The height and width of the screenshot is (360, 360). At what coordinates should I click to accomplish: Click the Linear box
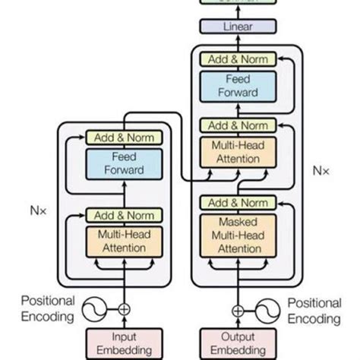[238, 27]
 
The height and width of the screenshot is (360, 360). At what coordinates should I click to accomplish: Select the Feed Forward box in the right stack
[238, 86]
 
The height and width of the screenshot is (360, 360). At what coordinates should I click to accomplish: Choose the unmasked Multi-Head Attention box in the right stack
[238, 151]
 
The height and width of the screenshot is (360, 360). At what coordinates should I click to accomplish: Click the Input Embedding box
[123, 343]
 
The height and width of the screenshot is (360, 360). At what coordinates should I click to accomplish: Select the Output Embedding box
[238, 343]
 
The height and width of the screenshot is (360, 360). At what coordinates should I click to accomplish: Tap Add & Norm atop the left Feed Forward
[123, 138]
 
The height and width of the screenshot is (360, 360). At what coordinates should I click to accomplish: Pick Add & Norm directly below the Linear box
[238, 58]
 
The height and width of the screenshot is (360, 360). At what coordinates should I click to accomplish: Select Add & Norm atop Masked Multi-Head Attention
[238, 203]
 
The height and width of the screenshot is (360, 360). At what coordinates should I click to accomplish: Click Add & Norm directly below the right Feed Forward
[238, 125]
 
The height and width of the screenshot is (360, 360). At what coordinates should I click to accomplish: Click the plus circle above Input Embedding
[123, 309]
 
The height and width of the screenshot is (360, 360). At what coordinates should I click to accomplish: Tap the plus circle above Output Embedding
[238, 309]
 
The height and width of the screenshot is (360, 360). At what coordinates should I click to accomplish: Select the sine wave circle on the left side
[96, 309]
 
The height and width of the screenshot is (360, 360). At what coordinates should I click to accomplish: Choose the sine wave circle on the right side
[266, 309]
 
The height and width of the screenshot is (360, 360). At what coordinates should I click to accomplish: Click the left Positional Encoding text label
[47, 309]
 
